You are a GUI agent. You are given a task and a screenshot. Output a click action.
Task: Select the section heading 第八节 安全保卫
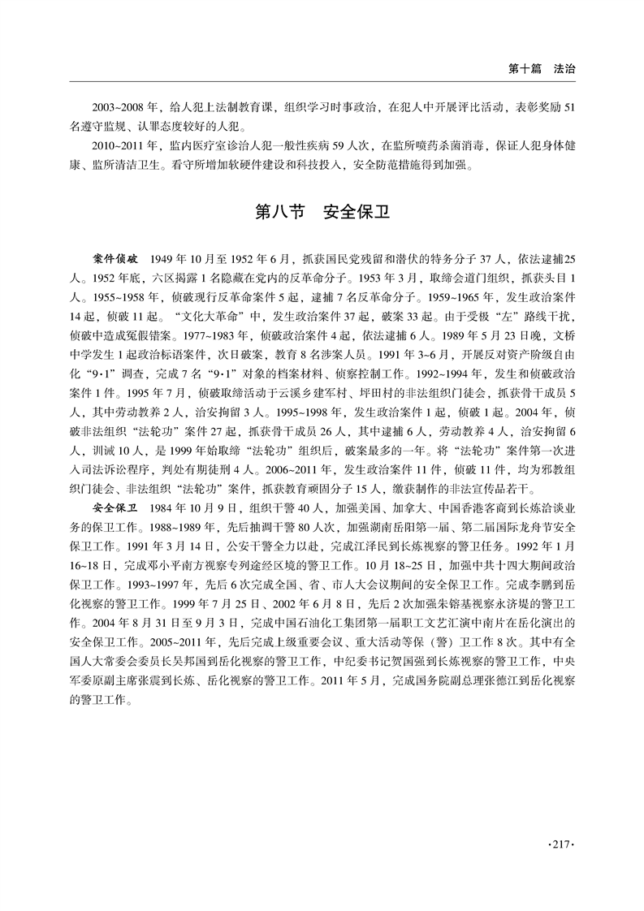tap(322, 214)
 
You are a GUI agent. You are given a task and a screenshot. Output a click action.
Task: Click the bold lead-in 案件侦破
tap(116, 258)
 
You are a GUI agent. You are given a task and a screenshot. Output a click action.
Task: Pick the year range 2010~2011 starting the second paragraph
tap(119, 145)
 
